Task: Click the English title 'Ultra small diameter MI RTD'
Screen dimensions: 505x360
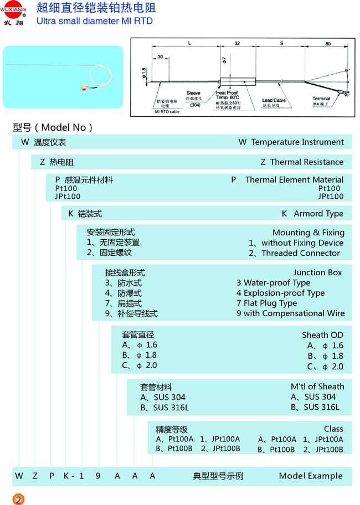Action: [x=94, y=21]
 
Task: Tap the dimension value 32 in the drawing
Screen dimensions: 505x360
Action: [x=237, y=43]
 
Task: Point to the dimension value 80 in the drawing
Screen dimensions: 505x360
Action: [x=328, y=43]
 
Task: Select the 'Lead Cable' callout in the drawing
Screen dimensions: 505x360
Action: [x=274, y=100]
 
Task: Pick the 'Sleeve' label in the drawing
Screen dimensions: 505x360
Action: [x=193, y=93]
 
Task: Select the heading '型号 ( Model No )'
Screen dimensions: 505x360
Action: [x=53, y=127]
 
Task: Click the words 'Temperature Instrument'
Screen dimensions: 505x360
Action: [x=297, y=142]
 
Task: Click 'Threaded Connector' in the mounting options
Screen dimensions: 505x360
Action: [x=301, y=253]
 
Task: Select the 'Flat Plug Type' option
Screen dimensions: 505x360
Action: [x=270, y=303]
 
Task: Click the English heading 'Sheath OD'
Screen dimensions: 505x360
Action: [x=323, y=335]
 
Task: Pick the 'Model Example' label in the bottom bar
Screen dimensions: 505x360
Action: [x=311, y=476]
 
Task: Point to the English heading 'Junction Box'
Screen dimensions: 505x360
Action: [x=318, y=272]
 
